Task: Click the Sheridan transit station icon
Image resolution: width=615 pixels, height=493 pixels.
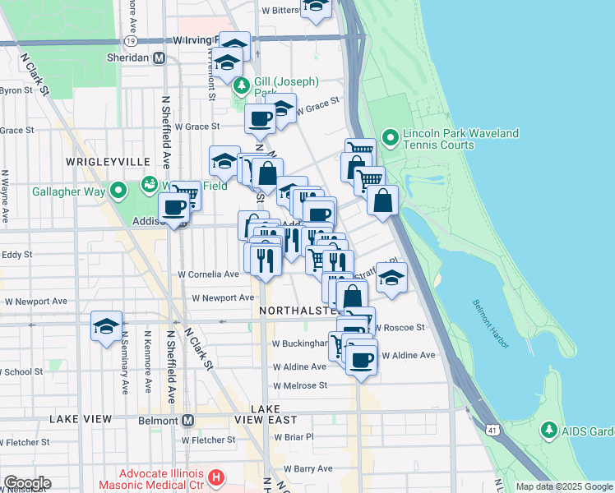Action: [160, 58]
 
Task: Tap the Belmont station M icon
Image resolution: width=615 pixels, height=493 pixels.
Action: [188, 420]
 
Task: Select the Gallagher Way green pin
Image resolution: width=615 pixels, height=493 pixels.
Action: [118, 191]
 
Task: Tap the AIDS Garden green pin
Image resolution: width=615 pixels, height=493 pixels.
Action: [548, 430]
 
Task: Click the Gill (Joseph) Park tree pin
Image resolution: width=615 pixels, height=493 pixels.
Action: [242, 85]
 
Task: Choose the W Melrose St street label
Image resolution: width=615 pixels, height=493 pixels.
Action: [300, 385]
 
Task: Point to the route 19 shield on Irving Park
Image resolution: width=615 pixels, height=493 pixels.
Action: [131, 40]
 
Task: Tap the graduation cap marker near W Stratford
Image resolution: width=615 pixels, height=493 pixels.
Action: [392, 278]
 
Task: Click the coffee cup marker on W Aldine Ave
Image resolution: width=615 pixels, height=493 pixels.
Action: [361, 359]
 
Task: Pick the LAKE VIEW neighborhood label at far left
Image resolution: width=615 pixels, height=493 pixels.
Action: [81, 419]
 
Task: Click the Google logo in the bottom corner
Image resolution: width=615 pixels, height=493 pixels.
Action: [27, 482]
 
